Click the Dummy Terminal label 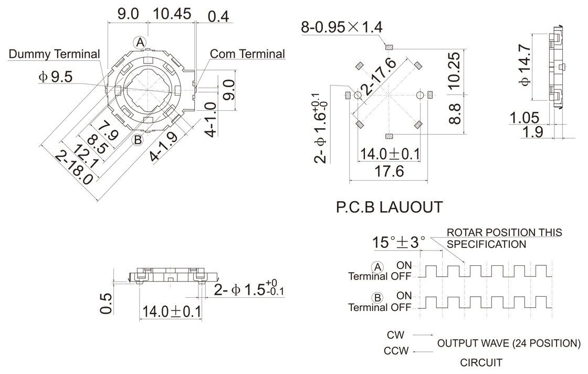click(55, 54)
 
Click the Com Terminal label click(247, 54)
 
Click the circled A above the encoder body click(140, 41)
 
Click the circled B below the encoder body click(138, 140)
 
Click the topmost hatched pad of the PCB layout click(388, 48)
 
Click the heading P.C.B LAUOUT click(389, 207)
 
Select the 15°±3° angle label click(399, 243)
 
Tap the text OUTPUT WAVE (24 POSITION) click(509, 344)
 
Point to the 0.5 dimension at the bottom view click(106, 304)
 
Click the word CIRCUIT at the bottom click(481, 362)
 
